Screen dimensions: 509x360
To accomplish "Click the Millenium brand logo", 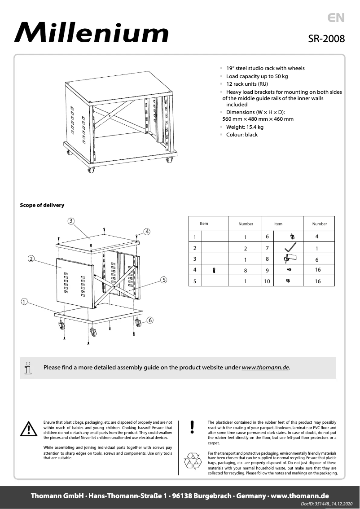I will click(x=92, y=33).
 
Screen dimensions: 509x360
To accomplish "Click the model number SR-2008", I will click(x=326, y=39).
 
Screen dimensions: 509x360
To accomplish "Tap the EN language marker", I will click(x=336, y=18).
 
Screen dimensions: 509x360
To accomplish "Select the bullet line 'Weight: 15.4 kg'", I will click(x=245, y=127).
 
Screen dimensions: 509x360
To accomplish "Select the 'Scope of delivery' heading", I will click(x=42, y=205).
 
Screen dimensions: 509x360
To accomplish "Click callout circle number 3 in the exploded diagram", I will click(x=71, y=220).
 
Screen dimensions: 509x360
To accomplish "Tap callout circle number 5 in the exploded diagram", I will click(x=164, y=279).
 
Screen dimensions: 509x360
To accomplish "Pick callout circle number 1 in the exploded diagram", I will click(x=23, y=301).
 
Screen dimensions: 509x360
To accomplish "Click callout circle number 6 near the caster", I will click(x=149, y=320).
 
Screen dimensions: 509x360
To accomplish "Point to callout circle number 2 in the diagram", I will click(x=31, y=259).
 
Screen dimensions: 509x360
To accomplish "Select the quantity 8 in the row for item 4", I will click(x=246, y=270).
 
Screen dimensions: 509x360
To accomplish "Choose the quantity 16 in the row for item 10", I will click(x=318, y=281).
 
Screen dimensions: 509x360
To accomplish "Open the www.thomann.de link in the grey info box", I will click(x=265, y=367).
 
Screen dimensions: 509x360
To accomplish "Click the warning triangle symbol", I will click(x=28, y=430).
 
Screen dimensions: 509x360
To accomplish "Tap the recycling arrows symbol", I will click(x=193, y=461).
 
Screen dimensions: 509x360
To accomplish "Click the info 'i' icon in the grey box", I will click(x=28, y=368).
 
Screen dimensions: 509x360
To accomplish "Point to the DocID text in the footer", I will click(x=327, y=505).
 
